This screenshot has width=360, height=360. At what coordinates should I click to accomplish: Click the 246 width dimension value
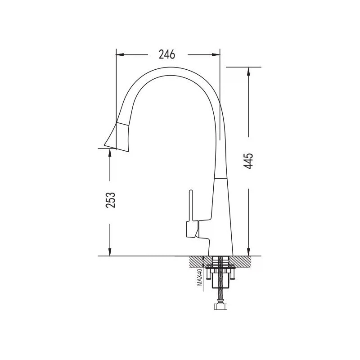click(x=167, y=54)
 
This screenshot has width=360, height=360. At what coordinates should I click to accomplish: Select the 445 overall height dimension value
click(x=248, y=161)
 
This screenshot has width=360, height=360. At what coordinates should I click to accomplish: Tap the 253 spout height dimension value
click(x=110, y=200)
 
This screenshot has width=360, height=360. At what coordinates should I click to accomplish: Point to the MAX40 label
click(x=199, y=277)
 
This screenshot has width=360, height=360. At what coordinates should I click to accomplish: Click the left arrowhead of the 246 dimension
click(x=120, y=54)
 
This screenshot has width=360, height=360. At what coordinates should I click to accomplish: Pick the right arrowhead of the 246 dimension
click(x=216, y=54)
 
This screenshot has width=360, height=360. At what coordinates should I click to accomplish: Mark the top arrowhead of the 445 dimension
click(x=248, y=72)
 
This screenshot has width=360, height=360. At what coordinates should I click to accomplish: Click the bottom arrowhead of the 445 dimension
click(x=248, y=252)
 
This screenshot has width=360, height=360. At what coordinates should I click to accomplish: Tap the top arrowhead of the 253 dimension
click(x=110, y=153)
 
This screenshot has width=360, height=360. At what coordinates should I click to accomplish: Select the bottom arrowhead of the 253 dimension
click(x=110, y=252)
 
